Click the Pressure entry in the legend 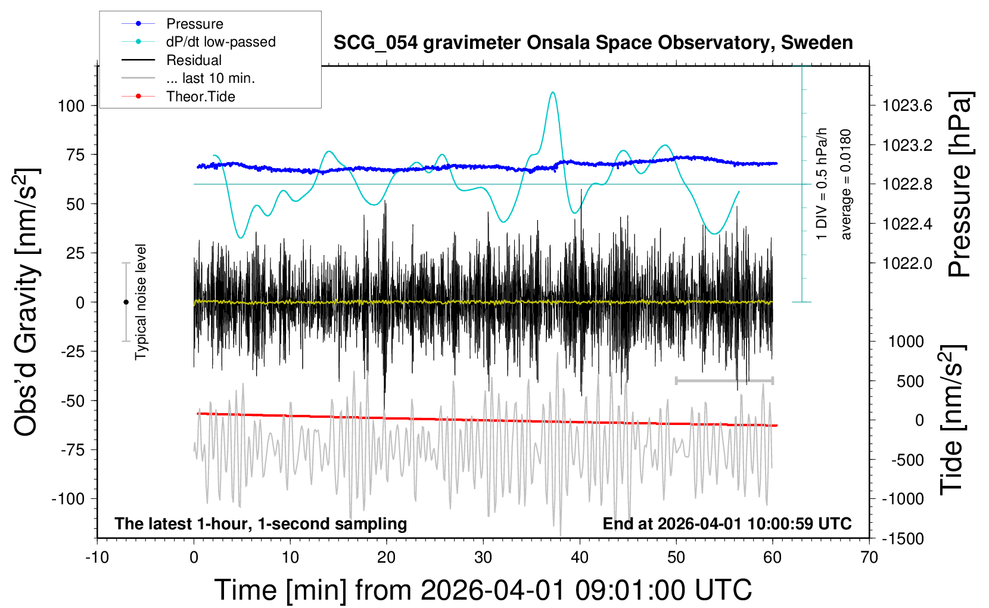[x=194, y=24]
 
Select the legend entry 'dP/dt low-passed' [x=220, y=42]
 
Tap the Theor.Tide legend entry [x=200, y=97]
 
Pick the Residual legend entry [x=194, y=60]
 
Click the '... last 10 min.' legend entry [x=210, y=78]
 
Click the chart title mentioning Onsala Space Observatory [x=593, y=43]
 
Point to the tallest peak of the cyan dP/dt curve [x=553, y=92]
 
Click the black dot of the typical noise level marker [x=126, y=302]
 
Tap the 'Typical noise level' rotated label [x=141, y=302]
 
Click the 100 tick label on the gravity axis [x=71, y=106]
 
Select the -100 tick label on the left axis [x=68, y=498]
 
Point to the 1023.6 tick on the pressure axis [x=907, y=106]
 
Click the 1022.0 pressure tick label [x=907, y=263]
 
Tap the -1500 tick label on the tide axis [x=903, y=538]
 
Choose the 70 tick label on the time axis [x=869, y=558]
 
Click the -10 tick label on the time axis [x=97, y=558]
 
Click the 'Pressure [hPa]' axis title [x=960, y=185]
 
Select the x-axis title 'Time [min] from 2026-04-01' [x=483, y=590]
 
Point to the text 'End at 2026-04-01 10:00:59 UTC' [x=727, y=524]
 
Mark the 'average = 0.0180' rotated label [x=846, y=185]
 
